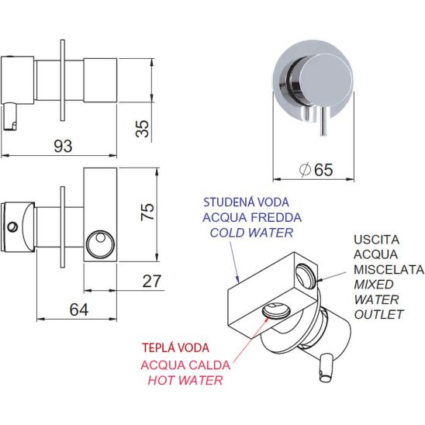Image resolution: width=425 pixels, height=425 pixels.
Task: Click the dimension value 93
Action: click(x=63, y=146)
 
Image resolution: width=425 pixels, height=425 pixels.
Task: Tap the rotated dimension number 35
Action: click(x=143, y=128)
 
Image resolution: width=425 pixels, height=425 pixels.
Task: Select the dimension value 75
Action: click(x=147, y=212)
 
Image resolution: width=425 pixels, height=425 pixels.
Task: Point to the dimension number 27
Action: click(x=152, y=281)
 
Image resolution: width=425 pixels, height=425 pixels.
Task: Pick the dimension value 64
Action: click(x=79, y=309)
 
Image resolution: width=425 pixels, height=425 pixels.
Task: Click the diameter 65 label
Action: click(x=316, y=170)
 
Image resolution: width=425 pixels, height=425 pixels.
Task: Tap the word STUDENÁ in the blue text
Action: click(x=229, y=202)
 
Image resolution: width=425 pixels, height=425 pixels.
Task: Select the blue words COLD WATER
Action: click(x=252, y=233)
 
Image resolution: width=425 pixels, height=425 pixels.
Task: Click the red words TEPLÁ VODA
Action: click(x=175, y=348)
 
